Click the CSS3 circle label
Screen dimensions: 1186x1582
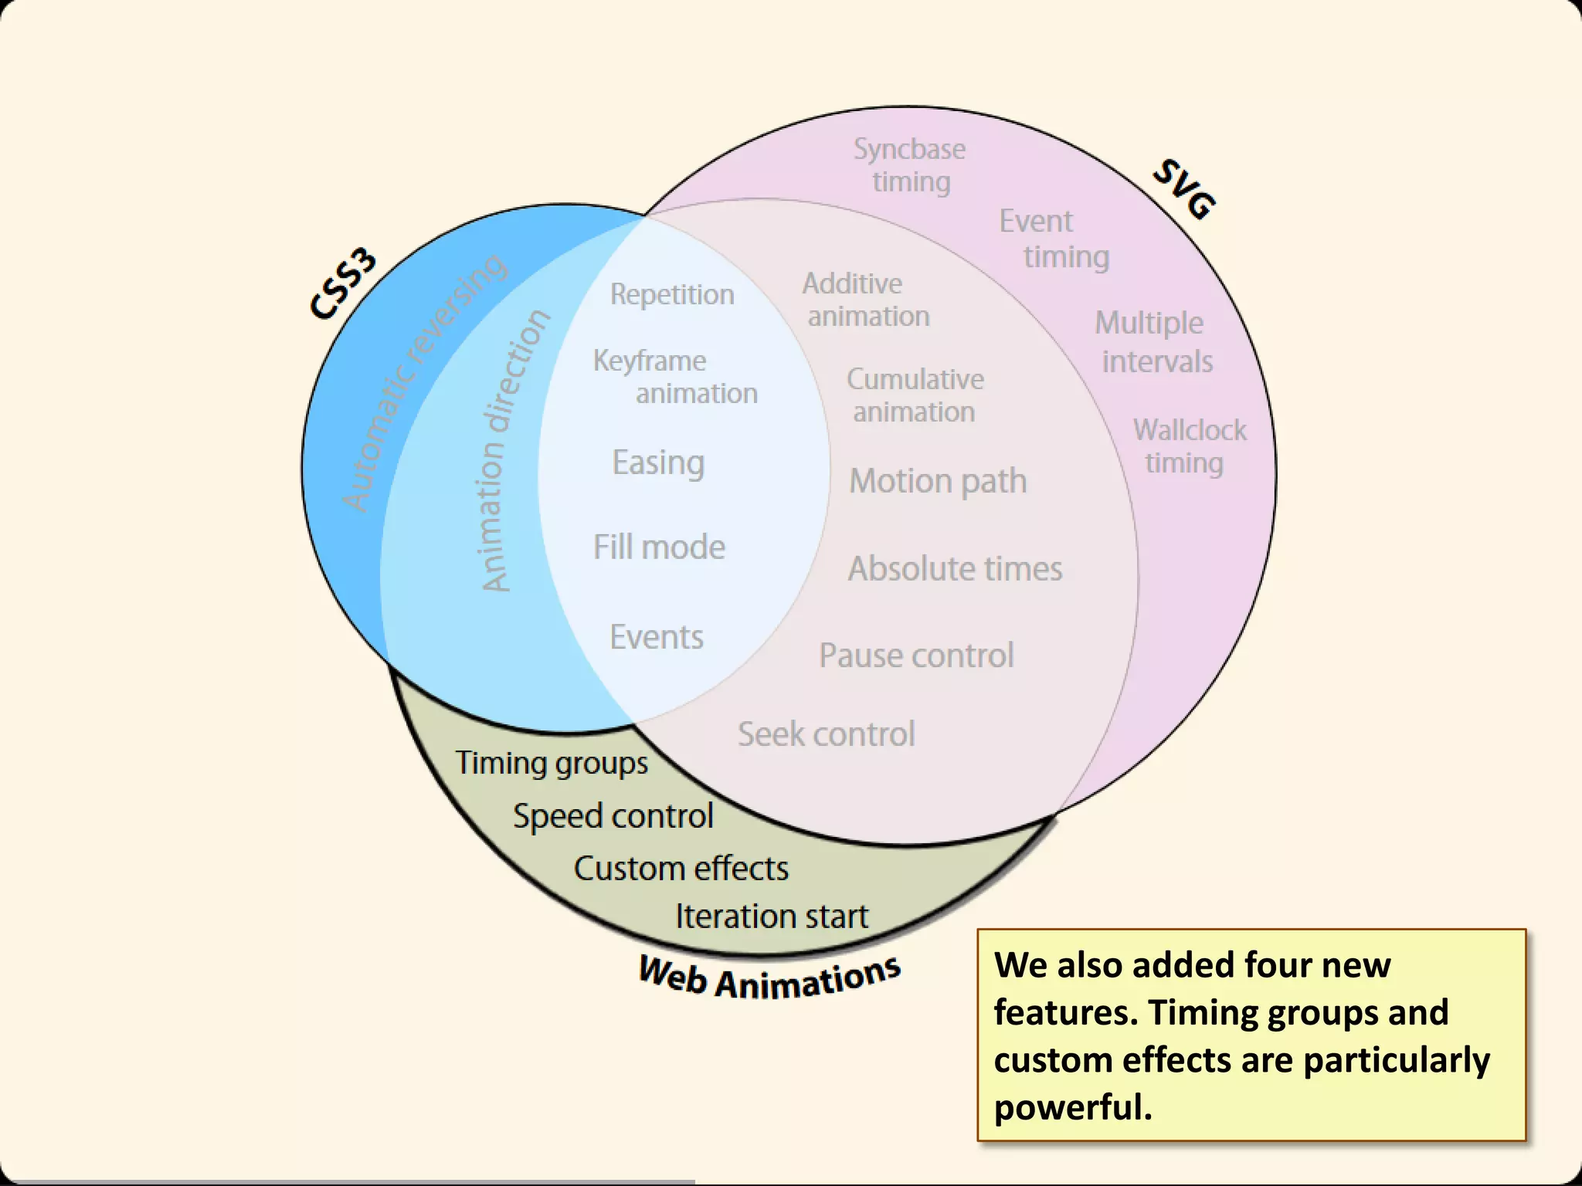(343, 284)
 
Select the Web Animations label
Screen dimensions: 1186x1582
(769, 978)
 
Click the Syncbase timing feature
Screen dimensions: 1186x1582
(910, 165)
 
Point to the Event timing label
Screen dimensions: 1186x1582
(1053, 239)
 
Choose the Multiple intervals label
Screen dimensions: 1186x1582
(1153, 342)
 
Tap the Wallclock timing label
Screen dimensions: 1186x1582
(1189, 446)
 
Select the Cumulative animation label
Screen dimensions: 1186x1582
(915, 395)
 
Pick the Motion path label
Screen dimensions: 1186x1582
(938, 481)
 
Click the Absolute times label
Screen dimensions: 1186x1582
(955, 569)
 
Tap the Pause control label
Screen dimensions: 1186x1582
(916, 656)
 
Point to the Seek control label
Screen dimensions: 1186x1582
(826, 734)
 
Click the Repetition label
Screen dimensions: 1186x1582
(672, 294)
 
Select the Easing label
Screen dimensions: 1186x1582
(658, 463)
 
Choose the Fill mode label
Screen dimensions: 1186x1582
(659, 547)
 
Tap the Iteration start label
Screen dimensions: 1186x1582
(772, 917)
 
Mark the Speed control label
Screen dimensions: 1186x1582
(613, 816)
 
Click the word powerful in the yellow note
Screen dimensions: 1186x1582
(1072, 1107)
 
